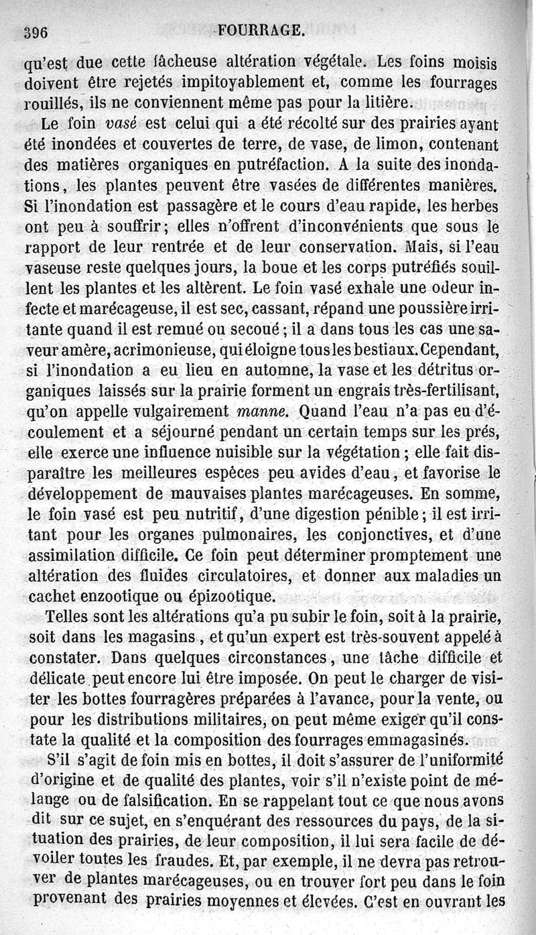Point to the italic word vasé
(123, 125)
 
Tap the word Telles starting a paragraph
(70, 617)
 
